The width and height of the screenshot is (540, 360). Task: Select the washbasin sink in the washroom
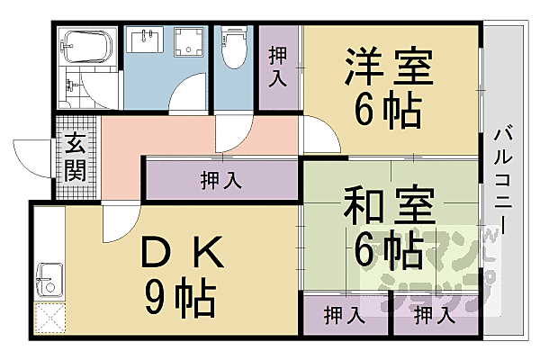[x=145, y=40]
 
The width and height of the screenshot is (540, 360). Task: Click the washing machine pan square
[x=189, y=43]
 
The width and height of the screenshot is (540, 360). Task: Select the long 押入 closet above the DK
[x=220, y=180]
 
